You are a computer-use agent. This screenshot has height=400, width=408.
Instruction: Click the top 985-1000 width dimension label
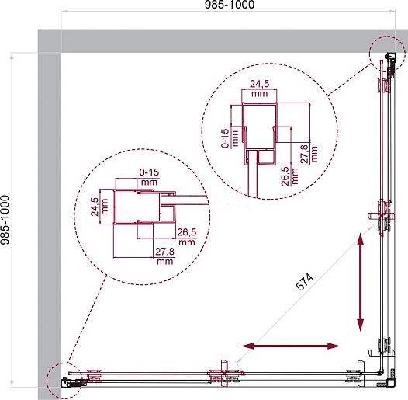[x=230, y=5]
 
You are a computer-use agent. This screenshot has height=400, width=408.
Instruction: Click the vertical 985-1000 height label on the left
[x=5, y=221]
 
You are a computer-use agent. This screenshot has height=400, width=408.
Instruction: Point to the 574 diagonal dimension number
[x=305, y=282]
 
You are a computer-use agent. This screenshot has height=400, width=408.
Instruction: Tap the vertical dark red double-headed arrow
[x=361, y=282]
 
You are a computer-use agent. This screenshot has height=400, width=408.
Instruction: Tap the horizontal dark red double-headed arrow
[x=291, y=346]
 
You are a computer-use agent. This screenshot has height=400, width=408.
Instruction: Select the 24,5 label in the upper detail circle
[x=259, y=84]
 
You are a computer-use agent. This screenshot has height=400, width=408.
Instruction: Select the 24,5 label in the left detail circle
[x=95, y=207]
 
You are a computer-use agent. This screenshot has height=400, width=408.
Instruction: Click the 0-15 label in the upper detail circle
[x=225, y=138]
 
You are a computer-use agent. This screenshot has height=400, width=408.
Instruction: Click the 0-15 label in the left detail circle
[x=149, y=172]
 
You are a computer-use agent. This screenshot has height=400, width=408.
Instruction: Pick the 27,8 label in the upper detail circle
[x=304, y=154]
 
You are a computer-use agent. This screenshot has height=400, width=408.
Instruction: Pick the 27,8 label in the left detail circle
[x=164, y=252]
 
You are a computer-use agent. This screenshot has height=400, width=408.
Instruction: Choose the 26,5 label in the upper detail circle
[x=285, y=176]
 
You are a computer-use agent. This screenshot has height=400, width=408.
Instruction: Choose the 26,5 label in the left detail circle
[x=187, y=232]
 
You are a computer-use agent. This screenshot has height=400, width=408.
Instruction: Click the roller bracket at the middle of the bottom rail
[x=225, y=374]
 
